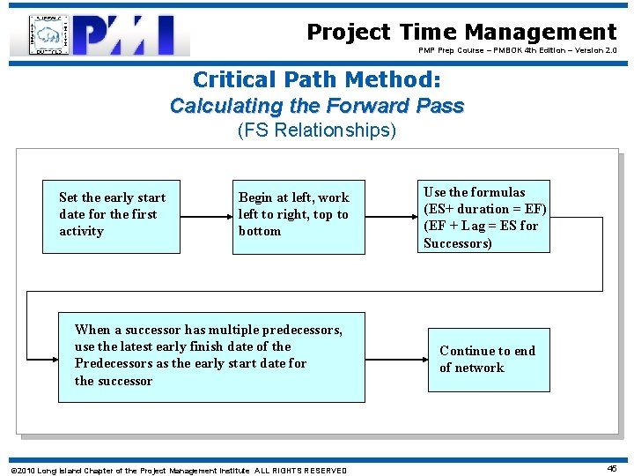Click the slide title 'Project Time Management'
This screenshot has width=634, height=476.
tap(461, 33)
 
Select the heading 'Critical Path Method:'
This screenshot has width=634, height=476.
tap(316, 79)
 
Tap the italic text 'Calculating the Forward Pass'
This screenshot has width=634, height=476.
tap(316, 106)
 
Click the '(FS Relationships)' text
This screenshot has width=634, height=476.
tap(316, 131)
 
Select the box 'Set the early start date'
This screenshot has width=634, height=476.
tap(112, 217)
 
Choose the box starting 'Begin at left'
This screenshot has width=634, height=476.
tap(299, 217)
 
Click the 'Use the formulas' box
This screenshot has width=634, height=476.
tap(484, 217)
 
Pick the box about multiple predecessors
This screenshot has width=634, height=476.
tap(211, 357)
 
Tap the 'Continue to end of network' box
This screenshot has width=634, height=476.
tap(488, 359)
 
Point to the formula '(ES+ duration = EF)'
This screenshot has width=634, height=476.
tap(484, 209)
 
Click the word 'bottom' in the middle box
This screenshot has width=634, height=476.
tap(260, 231)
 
